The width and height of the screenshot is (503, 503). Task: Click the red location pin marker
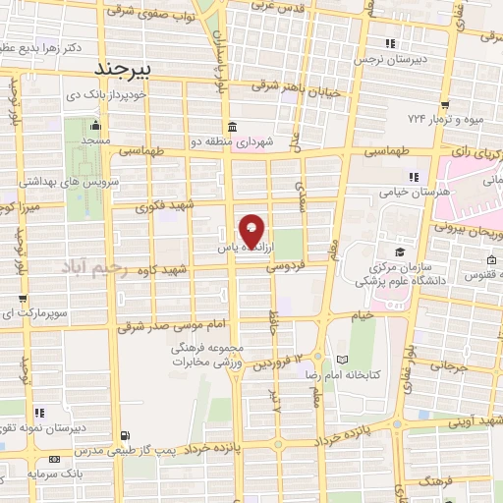[252, 230]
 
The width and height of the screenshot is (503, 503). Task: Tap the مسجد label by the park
[95, 141]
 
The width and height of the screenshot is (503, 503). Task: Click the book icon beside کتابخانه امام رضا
[341, 360]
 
